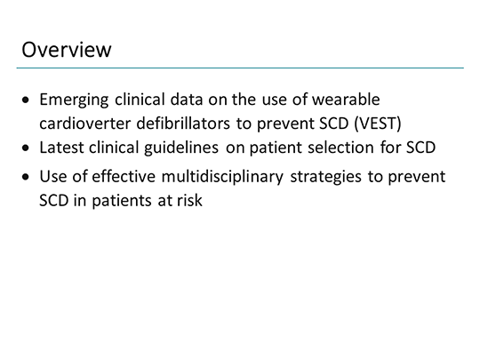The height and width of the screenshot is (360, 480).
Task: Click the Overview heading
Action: (x=67, y=49)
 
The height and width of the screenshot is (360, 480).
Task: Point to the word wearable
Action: (x=358, y=100)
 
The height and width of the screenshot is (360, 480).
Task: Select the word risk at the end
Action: (x=188, y=200)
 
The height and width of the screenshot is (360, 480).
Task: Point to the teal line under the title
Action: (x=240, y=68)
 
